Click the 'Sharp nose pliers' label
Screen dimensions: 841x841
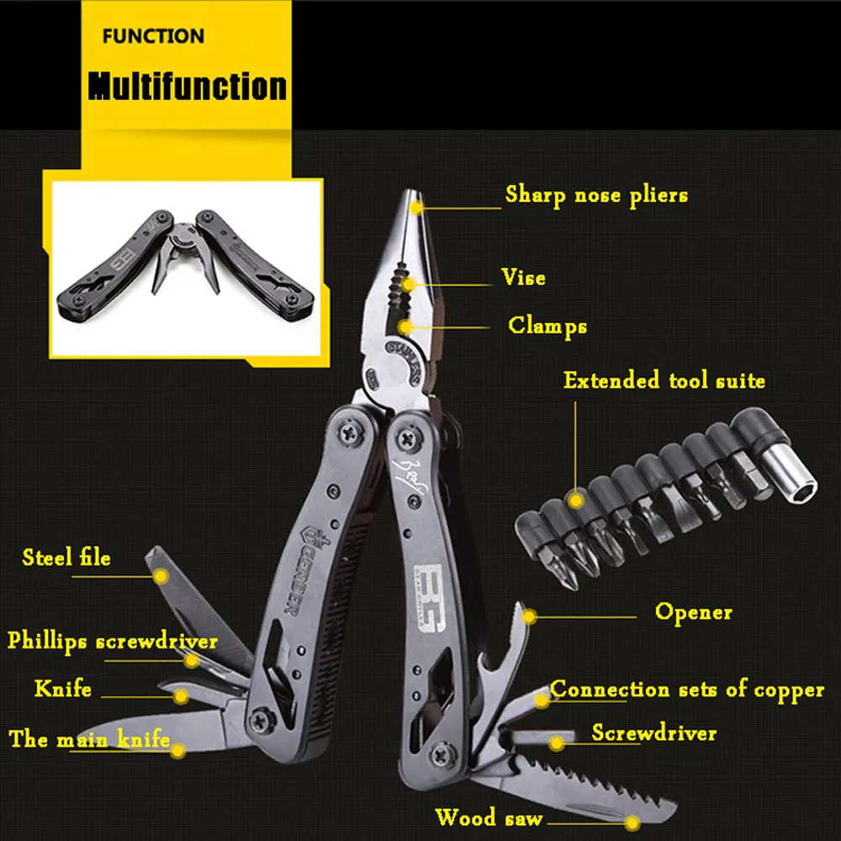595,195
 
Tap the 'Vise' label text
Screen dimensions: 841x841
523,277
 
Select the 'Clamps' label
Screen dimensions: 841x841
547,325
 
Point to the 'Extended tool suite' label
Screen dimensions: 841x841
664,380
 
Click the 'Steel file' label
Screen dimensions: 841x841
66,557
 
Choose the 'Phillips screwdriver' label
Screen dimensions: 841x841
113,641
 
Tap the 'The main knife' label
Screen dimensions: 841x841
89,740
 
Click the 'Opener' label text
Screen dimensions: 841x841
694,611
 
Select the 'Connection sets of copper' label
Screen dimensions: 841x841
687,690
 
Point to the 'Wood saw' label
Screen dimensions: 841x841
489,817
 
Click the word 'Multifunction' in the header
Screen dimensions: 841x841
188,86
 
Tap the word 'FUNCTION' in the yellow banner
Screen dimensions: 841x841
153,36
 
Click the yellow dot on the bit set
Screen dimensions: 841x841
576,500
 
